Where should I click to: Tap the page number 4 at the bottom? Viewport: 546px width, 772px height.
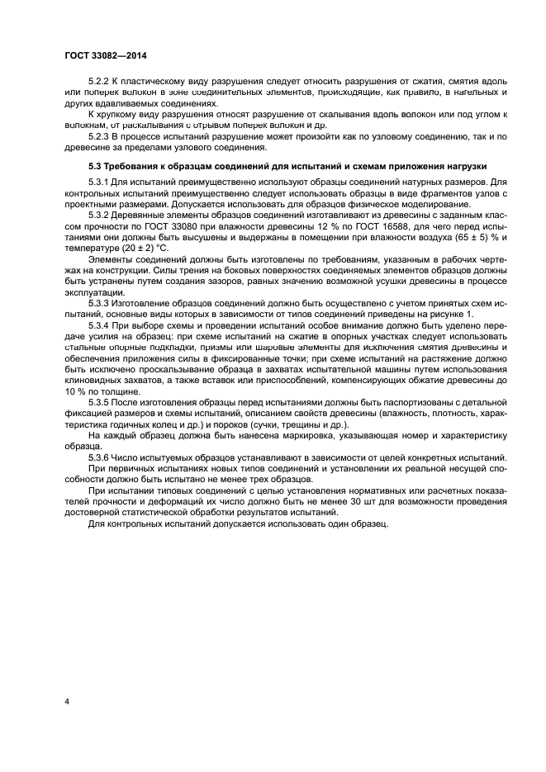[65, 700]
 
